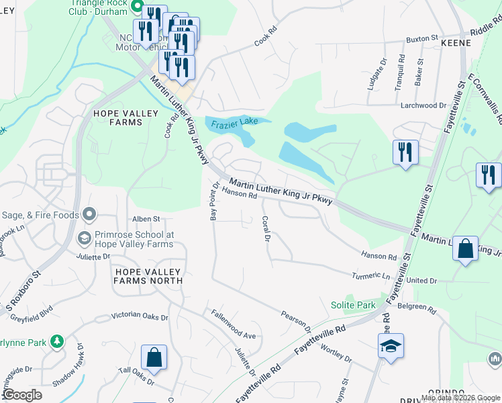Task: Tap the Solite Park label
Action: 353,305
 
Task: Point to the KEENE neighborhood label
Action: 456,42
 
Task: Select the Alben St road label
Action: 146,219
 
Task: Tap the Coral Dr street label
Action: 266,228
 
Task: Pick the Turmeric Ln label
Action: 371,276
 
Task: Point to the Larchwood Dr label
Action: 423,105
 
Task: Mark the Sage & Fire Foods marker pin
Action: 89,215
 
